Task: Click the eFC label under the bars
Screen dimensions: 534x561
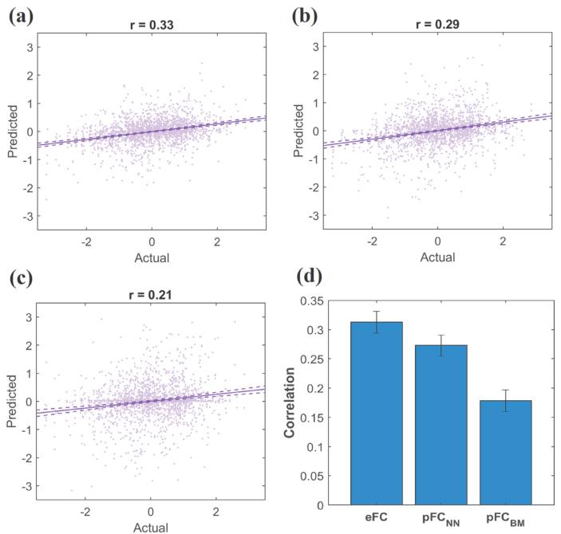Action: click(377, 519)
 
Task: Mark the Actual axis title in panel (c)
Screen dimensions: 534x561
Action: click(151, 527)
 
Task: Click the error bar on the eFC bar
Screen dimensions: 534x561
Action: click(377, 322)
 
